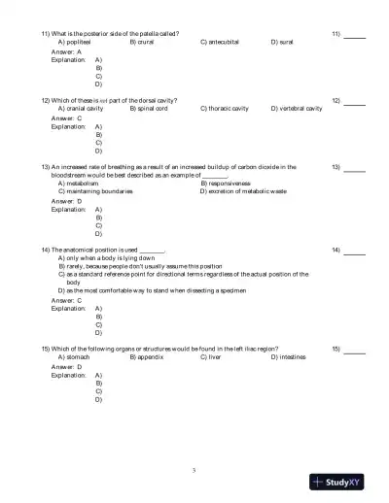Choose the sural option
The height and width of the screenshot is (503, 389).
pyautogui.click(x=287, y=43)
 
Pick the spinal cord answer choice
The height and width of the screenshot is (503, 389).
pyautogui.click(x=151, y=109)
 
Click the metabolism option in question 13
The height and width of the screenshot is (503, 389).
pyautogui.click(x=80, y=183)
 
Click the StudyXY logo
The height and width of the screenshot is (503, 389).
pyautogui.click(x=337, y=481)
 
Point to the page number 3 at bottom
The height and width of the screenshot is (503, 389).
pyautogui.click(x=194, y=471)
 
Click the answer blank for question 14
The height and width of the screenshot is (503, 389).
pyautogui.click(x=354, y=251)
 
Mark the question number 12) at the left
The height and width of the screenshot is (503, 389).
pyautogui.click(x=47, y=100)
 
